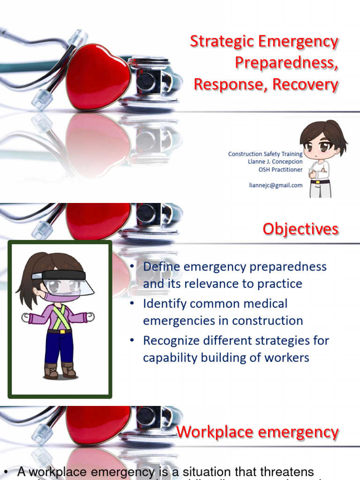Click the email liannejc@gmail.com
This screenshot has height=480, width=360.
click(276, 185)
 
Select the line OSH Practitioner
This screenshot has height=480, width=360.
click(281, 170)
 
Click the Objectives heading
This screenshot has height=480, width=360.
click(300, 229)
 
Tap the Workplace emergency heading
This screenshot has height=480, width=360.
click(257, 432)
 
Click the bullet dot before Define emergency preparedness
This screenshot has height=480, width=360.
click(132, 267)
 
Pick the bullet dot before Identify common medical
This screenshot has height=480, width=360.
click(132, 304)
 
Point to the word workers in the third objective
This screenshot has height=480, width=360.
click(285, 358)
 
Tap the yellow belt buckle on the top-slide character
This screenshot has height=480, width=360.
click(319, 181)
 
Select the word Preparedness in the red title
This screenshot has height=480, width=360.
click(286, 63)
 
